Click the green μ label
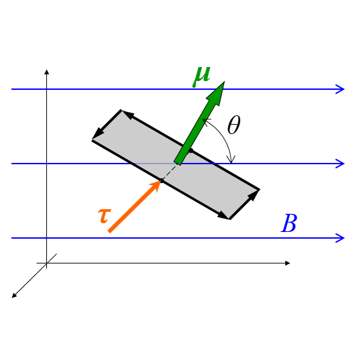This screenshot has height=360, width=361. (x=202, y=76)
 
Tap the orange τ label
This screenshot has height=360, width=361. (x=105, y=216)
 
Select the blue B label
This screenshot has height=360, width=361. (x=289, y=223)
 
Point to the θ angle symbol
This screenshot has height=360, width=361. (x=234, y=125)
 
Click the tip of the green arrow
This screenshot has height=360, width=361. (x=225, y=81)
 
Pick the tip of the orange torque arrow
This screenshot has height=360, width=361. (x=160, y=180)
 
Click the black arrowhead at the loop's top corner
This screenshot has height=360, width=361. (x=127, y=115)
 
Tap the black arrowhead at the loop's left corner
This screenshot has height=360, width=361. (x=99, y=133)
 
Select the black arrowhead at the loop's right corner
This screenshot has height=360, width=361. (x=254, y=195)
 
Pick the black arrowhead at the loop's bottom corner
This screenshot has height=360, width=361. (x=223, y=215)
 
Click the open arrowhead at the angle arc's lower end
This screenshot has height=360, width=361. (x=231, y=159)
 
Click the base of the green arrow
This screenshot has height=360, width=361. (x=178, y=162)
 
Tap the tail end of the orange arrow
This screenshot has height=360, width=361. (x=109, y=231)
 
